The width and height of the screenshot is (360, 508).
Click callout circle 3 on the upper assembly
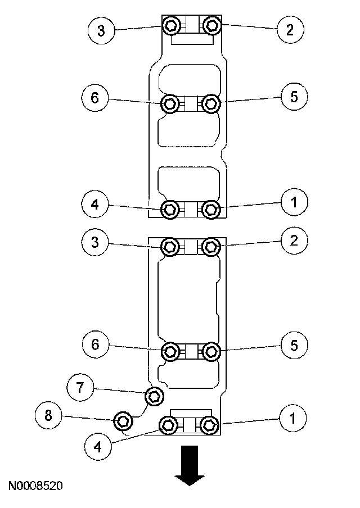pos(101,30)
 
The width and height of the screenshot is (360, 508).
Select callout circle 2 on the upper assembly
pos(290,29)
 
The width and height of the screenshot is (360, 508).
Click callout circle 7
pos(80,387)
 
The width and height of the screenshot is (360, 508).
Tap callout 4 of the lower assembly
pos(99,447)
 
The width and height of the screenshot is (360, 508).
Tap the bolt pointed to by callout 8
pos(123,420)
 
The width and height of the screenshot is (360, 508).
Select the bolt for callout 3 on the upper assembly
pos(171,25)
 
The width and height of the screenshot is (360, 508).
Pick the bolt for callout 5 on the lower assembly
pos(211,352)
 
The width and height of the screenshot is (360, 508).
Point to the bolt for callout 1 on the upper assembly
pos(211,210)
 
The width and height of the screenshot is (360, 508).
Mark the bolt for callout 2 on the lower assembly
pos(211,246)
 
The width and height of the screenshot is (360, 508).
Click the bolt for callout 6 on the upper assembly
pos(171,103)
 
